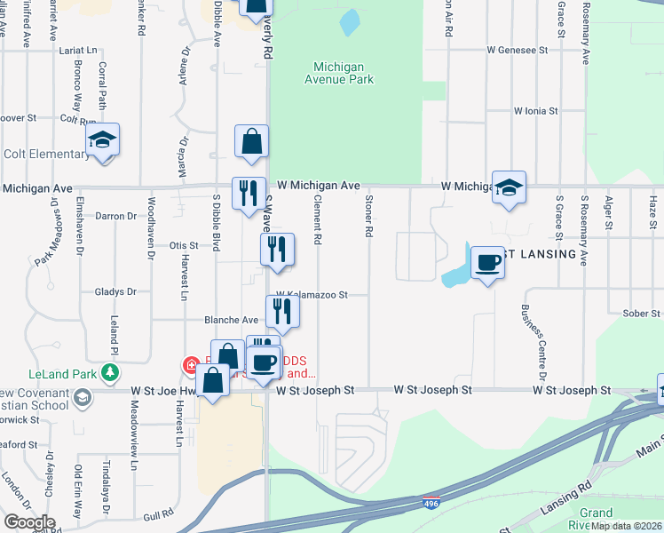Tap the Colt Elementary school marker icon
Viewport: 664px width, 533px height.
point(103,140)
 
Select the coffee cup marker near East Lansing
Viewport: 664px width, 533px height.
point(487,264)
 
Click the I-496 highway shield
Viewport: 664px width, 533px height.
point(431,503)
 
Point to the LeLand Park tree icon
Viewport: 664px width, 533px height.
point(110,370)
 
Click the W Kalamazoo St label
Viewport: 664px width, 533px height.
point(310,294)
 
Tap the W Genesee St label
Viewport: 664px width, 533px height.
point(518,51)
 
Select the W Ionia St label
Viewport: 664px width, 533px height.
point(535,111)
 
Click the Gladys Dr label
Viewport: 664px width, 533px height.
point(115,291)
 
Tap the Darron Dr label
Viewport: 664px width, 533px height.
point(115,216)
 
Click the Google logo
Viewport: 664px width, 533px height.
point(29,521)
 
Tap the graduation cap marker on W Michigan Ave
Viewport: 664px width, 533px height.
point(510,188)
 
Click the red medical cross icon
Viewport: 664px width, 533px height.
point(190,364)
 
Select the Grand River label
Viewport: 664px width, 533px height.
point(597,519)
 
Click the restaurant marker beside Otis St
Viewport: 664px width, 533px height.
point(277,251)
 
